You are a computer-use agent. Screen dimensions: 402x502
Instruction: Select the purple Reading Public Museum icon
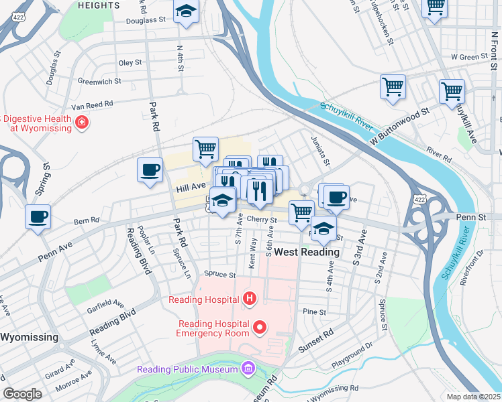pos(248,368)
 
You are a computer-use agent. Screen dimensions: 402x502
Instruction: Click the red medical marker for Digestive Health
pos(81,123)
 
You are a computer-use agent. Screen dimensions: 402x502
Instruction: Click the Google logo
pos(22,394)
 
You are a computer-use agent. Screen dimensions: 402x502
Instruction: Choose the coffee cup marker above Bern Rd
pos(37,217)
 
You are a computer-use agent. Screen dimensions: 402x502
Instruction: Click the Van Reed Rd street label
pos(93,105)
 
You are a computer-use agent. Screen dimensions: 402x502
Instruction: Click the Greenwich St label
pos(99,81)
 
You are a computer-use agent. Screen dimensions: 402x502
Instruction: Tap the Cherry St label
pos(262,219)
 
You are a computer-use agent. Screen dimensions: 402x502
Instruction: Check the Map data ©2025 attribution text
pos(474,396)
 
